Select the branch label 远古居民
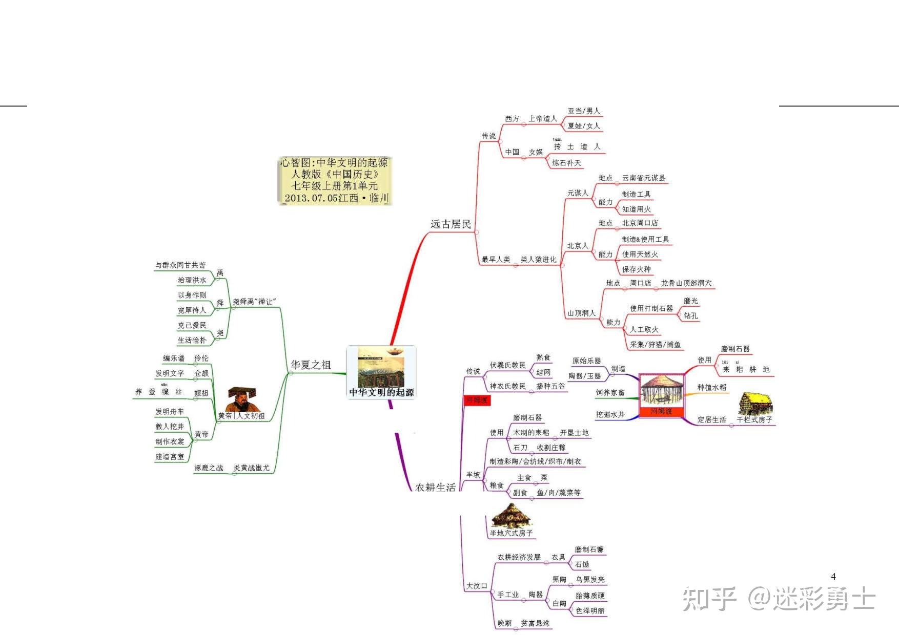451,224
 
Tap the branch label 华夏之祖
311,365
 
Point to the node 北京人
578,246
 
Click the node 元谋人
578,193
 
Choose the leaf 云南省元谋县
644,178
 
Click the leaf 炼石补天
566,163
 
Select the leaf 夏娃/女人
583,126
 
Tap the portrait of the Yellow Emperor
241,399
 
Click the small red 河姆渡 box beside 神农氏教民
477,400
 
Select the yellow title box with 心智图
335,181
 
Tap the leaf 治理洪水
192,280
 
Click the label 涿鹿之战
209,468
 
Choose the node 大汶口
476,586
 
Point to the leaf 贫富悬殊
535,623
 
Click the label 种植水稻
711,388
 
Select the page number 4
833,577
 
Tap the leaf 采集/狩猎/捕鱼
655,345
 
